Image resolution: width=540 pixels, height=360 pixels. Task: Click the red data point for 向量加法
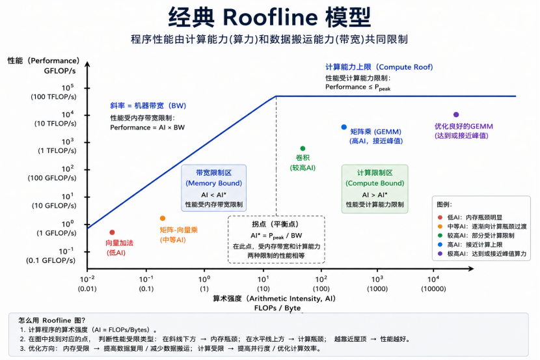click(112, 232)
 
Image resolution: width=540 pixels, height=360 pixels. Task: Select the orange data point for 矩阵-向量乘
click(163, 218)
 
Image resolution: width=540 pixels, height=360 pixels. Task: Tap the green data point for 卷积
click(303, 148)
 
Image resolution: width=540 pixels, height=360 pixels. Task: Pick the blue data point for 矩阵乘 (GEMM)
click(344, 127)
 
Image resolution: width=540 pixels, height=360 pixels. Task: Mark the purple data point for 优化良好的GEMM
click(456, 115)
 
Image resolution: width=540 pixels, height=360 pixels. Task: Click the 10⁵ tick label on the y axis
click(68, 87)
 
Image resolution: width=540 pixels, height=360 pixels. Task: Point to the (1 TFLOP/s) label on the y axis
click(57, 150)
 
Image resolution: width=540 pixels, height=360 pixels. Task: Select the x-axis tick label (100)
click(321, 288)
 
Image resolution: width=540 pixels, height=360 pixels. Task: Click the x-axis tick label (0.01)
click(87, 288)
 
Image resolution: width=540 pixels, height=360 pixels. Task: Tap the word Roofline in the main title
click(271, 17)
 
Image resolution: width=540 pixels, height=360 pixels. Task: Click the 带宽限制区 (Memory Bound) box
click(214, 187)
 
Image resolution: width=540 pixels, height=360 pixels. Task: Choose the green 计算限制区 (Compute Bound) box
click(375, 189)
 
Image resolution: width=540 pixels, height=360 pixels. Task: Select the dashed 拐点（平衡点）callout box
click(277, 240)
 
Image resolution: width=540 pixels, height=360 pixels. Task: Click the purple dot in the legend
click(440, 253)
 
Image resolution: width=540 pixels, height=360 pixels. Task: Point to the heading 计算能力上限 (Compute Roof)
click(379, 67)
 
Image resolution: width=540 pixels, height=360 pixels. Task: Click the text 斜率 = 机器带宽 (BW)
click(148, 105)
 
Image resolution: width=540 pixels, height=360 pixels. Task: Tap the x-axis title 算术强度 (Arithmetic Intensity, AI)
click(274, 298)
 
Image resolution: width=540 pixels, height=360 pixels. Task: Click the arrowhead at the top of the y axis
click(87, 64)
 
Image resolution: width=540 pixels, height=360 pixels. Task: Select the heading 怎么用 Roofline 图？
click(51, 320)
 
